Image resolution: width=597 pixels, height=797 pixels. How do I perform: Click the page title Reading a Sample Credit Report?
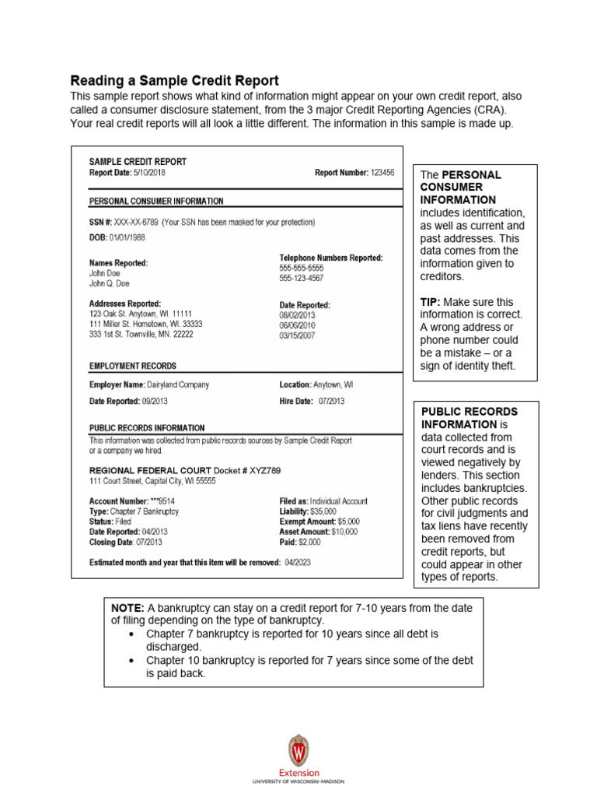click(x=174, y=81)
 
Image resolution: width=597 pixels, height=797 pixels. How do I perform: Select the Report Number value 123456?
click(x=382, y=173)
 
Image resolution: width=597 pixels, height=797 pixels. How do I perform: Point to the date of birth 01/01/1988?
click(x=127, y=237)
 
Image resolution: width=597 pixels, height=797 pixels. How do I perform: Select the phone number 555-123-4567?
click(x=302, y=278)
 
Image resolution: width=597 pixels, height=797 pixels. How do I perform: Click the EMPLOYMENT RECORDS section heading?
click(x=133, y=365)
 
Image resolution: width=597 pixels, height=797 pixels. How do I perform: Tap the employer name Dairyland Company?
click(x=178, y=384)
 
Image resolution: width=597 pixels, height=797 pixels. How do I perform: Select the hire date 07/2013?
click(x=331, y=402)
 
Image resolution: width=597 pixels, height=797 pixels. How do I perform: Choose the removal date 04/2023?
click(x=298, y=562)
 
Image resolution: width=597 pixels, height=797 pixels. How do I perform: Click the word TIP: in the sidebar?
click(x=433, y=301)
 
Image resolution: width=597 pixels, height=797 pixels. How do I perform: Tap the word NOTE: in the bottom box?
click(x=128, y=607)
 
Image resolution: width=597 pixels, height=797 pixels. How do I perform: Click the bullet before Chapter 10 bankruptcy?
click(x=131, y=660)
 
